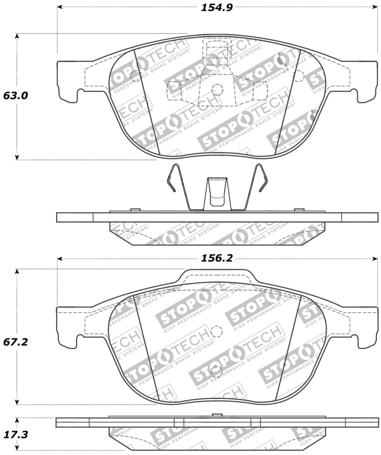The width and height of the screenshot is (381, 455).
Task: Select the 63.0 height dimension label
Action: (16, 96)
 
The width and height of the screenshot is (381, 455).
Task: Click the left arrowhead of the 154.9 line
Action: (60, 7)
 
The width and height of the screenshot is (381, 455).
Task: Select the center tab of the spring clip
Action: (217, 193)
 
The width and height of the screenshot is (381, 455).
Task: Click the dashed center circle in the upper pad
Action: (217, 89)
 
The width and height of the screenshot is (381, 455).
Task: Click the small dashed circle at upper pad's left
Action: (135, 75)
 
